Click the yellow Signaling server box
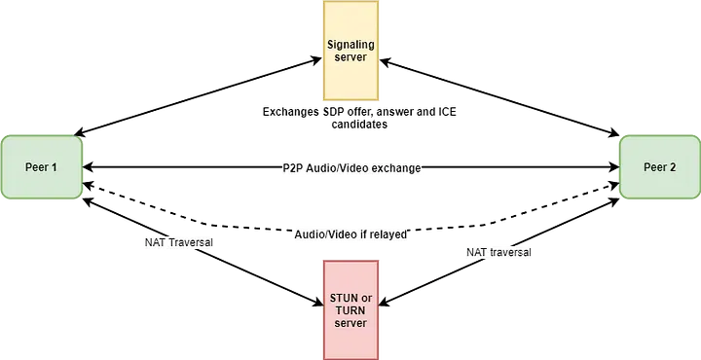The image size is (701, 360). point(350,51)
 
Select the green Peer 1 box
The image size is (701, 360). point(42,167)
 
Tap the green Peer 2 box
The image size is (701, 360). point(659,167)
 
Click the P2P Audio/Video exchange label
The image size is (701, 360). point(353,168)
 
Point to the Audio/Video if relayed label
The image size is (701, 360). point(351,234)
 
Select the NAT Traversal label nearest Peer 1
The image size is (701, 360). point(178,241)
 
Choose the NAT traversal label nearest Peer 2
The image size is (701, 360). point(499,252)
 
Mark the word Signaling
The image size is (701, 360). point(350,45)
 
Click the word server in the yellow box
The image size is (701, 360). point(350,57)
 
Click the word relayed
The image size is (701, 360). point(387,234)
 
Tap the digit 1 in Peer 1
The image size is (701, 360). point(55,167)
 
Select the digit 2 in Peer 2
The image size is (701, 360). point(673,167)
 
